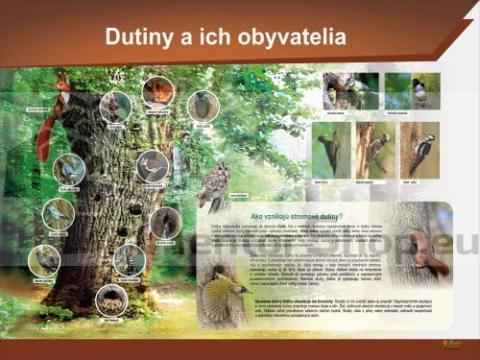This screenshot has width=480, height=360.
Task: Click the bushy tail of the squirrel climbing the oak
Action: click(45, 134)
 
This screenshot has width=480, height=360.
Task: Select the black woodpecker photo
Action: click(332, 149)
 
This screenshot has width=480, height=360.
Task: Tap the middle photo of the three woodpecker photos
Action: click(377, 149)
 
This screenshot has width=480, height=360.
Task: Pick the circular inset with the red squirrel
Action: click(157, 92)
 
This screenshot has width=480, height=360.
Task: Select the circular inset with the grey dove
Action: click(203, 106)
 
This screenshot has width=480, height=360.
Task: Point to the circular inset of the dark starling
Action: click(44, 260)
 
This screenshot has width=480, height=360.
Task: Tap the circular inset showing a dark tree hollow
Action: click(164, 223)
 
